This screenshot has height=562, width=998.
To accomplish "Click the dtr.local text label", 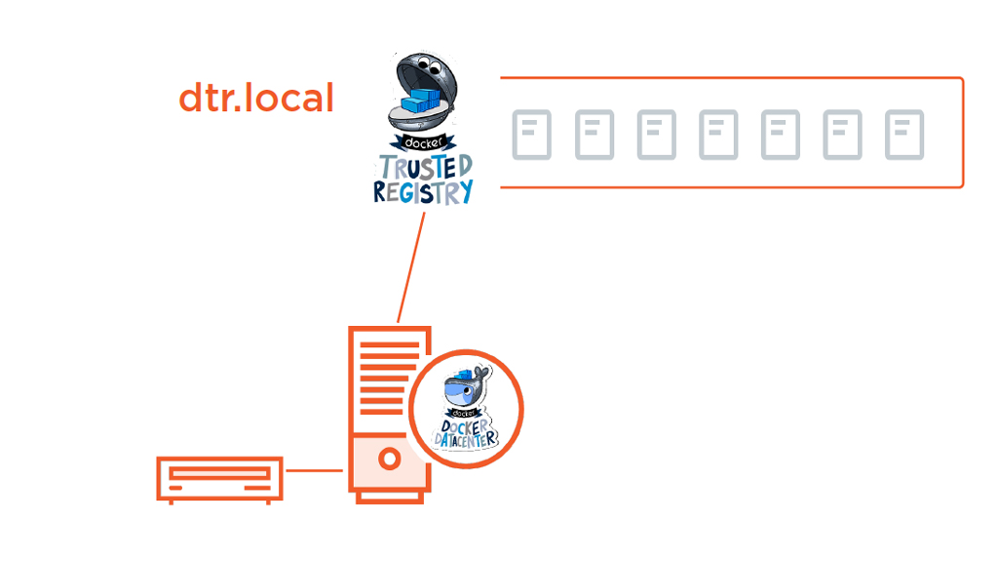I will (256, 98).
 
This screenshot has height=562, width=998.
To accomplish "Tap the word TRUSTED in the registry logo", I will (426, 166).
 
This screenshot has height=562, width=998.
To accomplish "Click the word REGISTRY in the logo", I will (423, 190).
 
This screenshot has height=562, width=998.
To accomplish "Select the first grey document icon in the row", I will (532, 136).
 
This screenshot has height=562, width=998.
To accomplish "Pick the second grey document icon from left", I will (595, 136).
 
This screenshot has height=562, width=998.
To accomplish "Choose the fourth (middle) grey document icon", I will (718, 136).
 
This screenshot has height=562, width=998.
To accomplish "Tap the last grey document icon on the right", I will (904, 136).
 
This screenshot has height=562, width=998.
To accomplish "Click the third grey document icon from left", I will (657, 136).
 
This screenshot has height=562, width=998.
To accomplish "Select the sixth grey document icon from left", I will (842, 136).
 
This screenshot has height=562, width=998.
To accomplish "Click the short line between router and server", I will (314, 470).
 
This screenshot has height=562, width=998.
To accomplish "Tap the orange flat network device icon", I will (220, 478).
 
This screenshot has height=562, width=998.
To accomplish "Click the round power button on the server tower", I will (389, 457).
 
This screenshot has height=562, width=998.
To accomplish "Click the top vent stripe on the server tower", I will (388, 344).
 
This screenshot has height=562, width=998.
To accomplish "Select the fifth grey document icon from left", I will (781, 136).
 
